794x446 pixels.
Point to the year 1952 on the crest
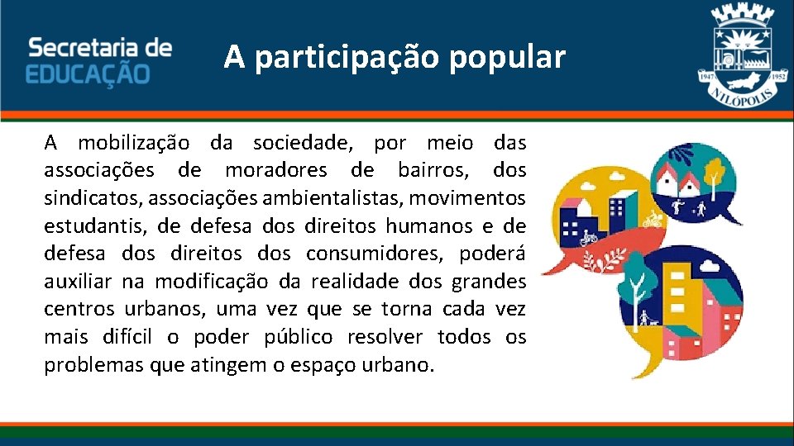click(x=778, y=74)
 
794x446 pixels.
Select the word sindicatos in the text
click(x=84, y=198)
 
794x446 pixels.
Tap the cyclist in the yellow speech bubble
click(x=589, y=239)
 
